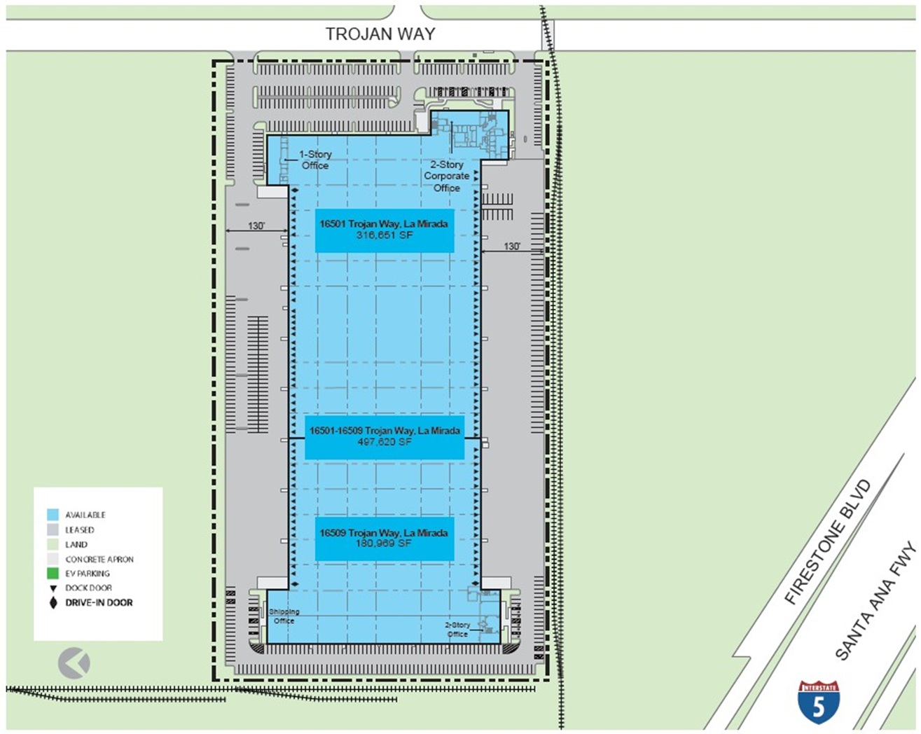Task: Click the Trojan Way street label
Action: tap(380, 34)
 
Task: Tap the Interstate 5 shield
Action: tap(818, 702)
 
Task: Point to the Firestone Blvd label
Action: tap(827, 542)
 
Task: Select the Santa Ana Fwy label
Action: tap(875, 602)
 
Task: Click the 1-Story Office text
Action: tap(315, 160)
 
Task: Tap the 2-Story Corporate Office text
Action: tap(446, 176)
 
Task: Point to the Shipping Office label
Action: tap(284, 616)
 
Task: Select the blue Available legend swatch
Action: tap(53, 515)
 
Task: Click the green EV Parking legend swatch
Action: tap(53, 573)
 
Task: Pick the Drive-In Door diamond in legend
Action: tap(53, 602)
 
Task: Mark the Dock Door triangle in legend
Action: tap(53, 588)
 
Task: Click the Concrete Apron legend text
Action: tap(99, 560)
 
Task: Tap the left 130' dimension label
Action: tap(256, 226)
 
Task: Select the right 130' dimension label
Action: tap(512, 246)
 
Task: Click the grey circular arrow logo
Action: tap(74, 663)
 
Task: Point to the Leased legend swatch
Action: tap(53, 529)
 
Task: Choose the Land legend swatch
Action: tap(53, 544)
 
